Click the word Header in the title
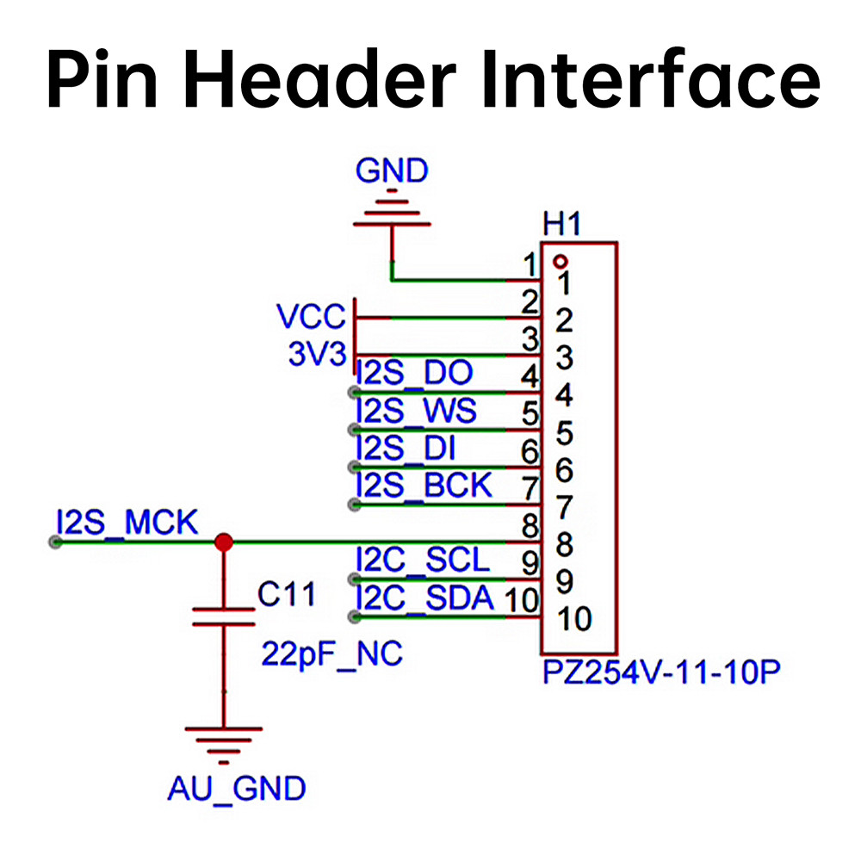[x=320, y=78]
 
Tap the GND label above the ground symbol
[x=392, y=170]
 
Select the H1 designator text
[x=561, y=224]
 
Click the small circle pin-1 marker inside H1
[x=561, y=261]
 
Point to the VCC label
[x=312, y=316]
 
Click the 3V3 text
[x=318, y=354]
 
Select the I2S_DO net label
[x=414, y=373]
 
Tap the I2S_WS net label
[x=416, y=410]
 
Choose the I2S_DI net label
[x=406, y=448]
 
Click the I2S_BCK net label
[x=424, y=485]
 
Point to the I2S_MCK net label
[x=127, y=523]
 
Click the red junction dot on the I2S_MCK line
[x=224, y=542]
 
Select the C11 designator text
[x=287, y=594]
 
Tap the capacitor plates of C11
[x=224, y=616]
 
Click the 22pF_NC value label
[x=331, y=654]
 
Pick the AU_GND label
[x=236, y=789]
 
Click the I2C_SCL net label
[x=422, y=561]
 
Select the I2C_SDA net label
[x=424, y=598]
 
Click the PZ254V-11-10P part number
[x=661, y=672]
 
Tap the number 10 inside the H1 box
[x=574, y=619]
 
